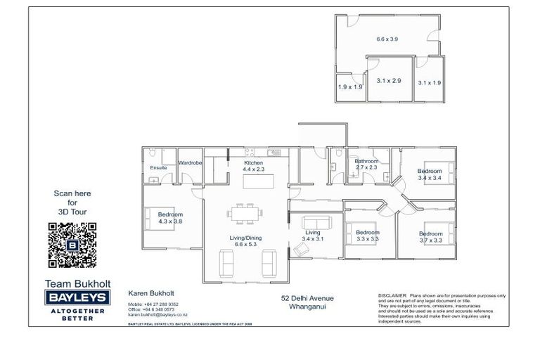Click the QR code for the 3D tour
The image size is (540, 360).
click(72, 245)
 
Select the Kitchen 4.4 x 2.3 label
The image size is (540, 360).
click(253, 166)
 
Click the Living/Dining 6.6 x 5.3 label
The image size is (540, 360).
click(245, 242)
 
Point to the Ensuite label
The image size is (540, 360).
click(159, 168)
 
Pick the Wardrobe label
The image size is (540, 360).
click(191, 163)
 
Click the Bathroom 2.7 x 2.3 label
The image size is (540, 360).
click(366, 165)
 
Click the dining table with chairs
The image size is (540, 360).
click(245, 210)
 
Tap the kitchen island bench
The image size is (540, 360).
click(257, 181)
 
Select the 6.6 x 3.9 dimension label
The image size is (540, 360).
click(387, 39)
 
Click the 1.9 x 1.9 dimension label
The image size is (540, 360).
click(350, 87)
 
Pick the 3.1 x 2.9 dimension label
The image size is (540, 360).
click(388, 81)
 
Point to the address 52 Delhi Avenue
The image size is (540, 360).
click(307, 297)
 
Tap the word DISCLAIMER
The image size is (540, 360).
click(392, 295)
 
